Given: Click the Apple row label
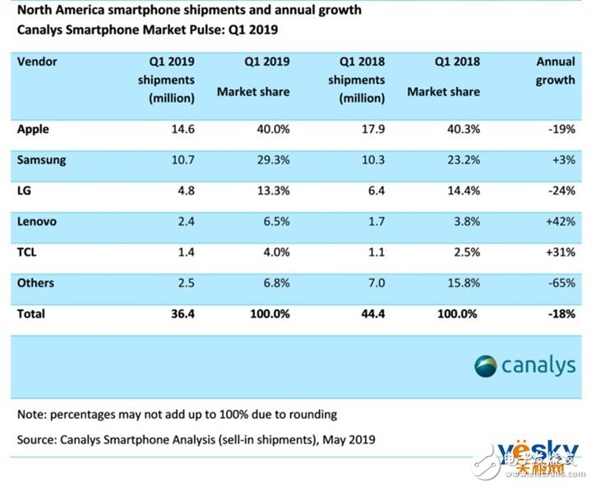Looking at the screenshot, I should click(x=33, y=130).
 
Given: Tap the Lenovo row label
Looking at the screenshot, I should click(x=37, y=222).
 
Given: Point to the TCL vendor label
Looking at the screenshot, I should click(x=28, y=252).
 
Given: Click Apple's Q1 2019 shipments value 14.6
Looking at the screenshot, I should click(x=180, y=130).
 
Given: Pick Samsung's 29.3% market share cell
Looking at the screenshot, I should click(x=271, y=160).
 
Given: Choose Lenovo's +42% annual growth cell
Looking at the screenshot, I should click(x=559, y=222).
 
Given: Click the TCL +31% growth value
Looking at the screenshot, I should click(x=559, y=253).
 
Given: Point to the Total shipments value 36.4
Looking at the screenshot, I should click(x=180, y=314).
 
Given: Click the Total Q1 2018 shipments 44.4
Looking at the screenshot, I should click(x=370, y=314).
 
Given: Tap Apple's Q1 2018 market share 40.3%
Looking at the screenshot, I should click(x=461, y=130).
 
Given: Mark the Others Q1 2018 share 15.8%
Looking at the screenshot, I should click(x=461, y=283).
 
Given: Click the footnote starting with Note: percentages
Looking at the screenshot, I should click(x=178, y=414).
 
